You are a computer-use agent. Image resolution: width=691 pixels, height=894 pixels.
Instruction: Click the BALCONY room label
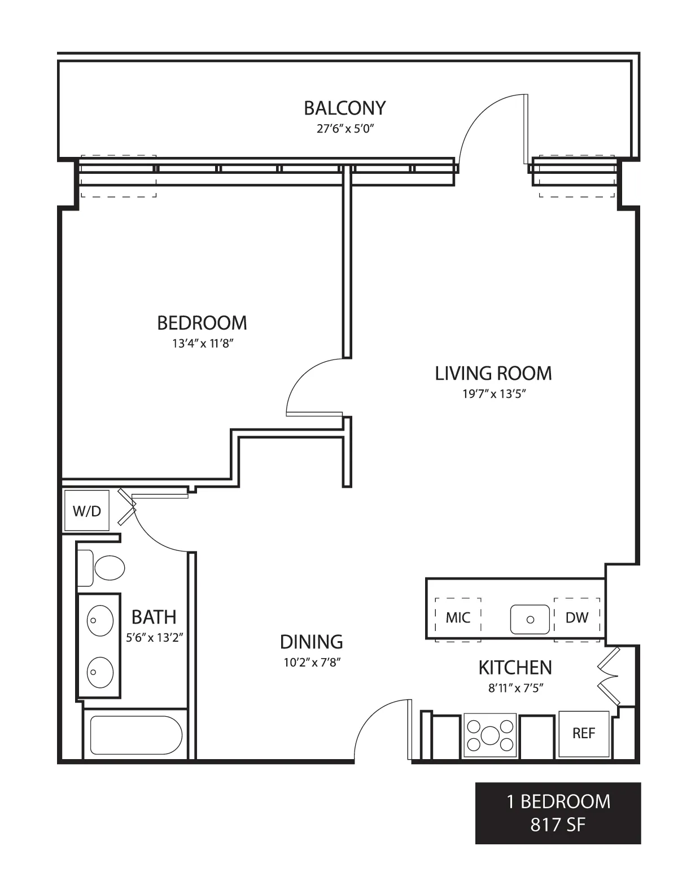(x=344, y=108)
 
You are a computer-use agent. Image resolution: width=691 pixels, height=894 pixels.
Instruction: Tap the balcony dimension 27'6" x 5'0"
(x=345, y=129)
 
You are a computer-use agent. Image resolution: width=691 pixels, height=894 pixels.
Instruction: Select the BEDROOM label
(x=202, y=323)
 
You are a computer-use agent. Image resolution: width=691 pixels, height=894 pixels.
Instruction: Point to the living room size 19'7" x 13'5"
(x=494, y=394)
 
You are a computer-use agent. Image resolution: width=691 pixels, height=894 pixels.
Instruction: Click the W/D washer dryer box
(x=87, y=511)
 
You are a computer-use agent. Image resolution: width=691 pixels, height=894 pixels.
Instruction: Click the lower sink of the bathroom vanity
(x=100, y=672)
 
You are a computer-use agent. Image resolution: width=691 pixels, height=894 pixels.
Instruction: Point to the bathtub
(x=135, y=735)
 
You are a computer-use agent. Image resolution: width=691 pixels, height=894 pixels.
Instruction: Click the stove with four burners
(x=490, y=735)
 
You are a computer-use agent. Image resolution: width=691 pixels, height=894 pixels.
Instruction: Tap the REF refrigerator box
(x=584, y=734)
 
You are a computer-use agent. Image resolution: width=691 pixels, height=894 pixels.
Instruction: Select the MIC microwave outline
(x=458, y=618)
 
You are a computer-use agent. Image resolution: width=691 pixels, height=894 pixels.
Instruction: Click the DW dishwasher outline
(x=576, y=618)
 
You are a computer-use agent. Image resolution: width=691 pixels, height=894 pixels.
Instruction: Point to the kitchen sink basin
(x=530, y=619)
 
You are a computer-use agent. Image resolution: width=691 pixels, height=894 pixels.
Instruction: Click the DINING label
(x=312, y=642)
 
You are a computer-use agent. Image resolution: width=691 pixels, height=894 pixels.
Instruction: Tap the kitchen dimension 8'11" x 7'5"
(x=515, y=688)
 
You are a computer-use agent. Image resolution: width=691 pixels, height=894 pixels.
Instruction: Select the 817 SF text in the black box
(x=557, y=825)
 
